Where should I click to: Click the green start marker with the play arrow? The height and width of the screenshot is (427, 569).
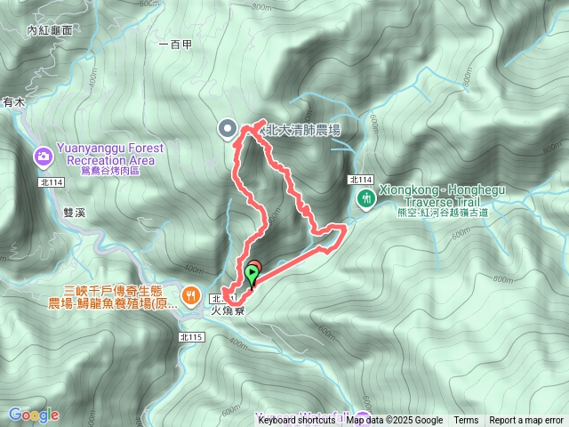(x=254, y=274)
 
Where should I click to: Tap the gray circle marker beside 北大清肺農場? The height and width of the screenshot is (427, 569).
(x=228, y=130)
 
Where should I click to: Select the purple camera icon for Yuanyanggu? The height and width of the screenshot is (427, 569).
(x=43, y=157)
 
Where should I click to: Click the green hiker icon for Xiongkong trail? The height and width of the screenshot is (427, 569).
(x=365, y=199)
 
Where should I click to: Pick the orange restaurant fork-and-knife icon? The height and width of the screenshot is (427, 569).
(x=190, y=295)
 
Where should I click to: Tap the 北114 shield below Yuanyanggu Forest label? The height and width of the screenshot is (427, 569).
(x=52, y=182)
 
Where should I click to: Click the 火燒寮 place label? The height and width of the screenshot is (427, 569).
(x=228, y=312)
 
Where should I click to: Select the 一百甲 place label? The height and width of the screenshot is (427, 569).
(x=173, y=44)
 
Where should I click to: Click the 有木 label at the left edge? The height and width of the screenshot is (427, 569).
(x=13, y=104)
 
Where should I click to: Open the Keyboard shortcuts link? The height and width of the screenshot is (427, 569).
(x=300, y=420)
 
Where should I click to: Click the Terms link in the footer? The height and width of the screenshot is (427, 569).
(x=466, y=420)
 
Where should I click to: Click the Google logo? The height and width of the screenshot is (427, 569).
(x=34, y=415)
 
